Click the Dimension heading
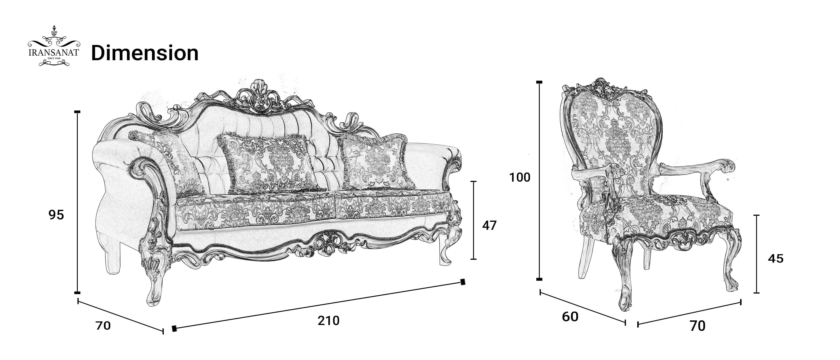pyautogui.click(x=145, y=53)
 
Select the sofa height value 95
pyautogui.click(x=56, y=215)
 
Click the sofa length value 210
pyautogui.click(x=328, y=321)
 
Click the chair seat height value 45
pyautogui.click(x=775, y=259)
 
